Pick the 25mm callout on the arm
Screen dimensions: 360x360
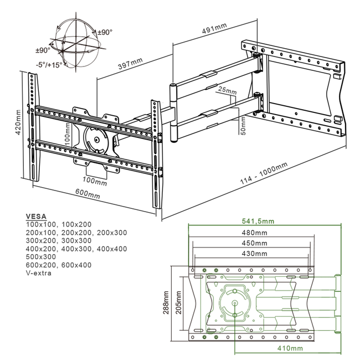point(227,90)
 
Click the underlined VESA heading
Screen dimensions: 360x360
point(37,217)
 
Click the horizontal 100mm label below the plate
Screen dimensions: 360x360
point(95,181)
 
